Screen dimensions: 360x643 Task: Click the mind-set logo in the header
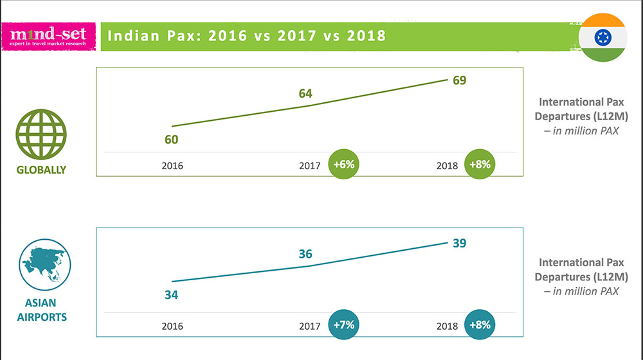point(49,36)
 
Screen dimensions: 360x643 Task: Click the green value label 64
point(305,94)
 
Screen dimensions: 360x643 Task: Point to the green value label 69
point(459,80)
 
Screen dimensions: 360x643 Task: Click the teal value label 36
point(305,254)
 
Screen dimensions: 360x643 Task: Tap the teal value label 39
point(459,243)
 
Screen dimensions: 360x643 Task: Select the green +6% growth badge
point(345,164)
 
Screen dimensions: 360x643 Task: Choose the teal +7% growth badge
point(345,325)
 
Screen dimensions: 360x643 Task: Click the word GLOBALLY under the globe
point(41,170)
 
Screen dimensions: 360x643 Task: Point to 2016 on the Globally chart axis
point(172,165)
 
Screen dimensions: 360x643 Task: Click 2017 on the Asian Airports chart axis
point(309,326)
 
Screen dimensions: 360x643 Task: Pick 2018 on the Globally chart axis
point(447,165)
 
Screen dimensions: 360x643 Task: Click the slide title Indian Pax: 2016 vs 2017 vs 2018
point(246,35)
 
